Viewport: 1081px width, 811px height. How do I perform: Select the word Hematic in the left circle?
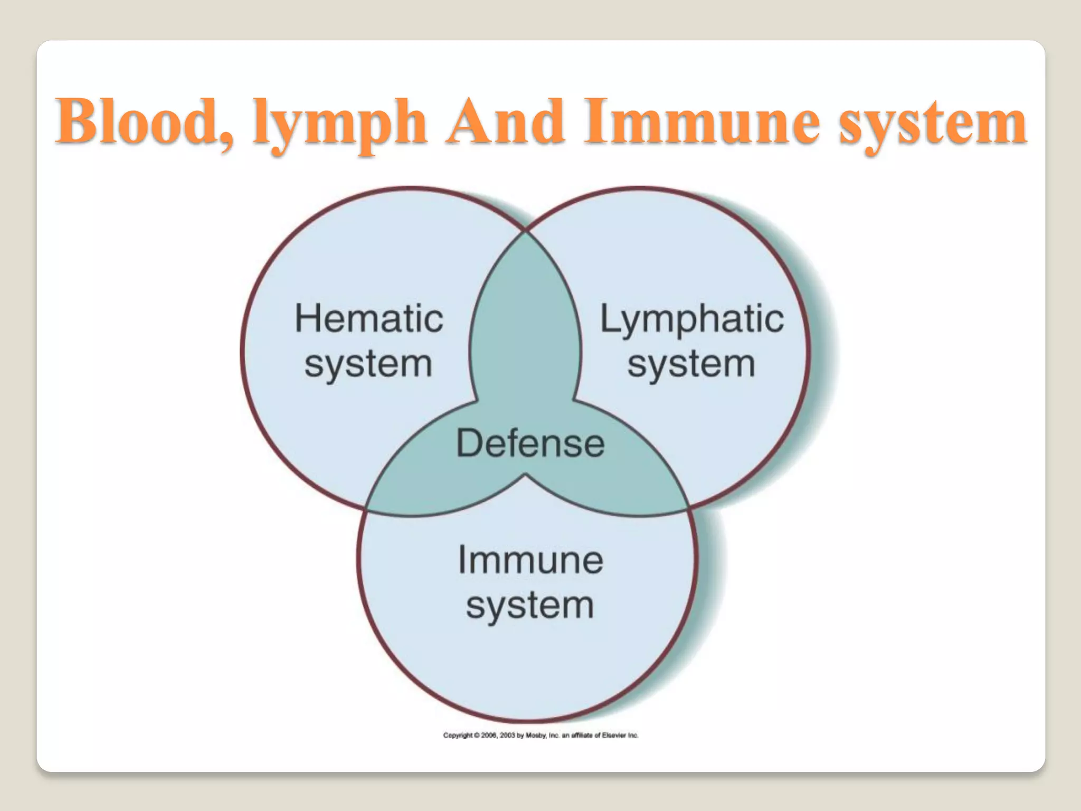tap(368, 319)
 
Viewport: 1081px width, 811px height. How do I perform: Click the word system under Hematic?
tap(368, 364)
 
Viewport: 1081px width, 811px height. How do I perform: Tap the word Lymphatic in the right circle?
tap(691, 319)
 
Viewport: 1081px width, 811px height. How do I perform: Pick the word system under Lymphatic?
tap(691, 364)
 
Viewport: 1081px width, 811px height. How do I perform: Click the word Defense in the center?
tap(530, 443)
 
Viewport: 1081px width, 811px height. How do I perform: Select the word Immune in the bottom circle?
tap(530, 560)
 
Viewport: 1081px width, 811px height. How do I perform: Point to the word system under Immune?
tap(530, 605)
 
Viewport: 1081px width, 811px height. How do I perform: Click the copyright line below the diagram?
tap(540, 735)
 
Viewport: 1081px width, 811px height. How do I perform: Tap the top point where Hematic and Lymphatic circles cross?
tap(526, 231)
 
